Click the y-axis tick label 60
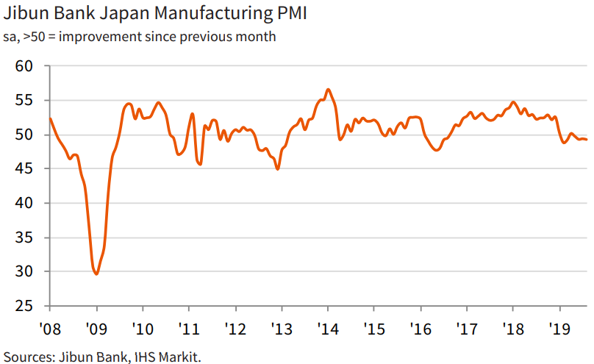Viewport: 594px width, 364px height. point(24,66)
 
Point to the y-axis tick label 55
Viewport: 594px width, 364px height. point(24,100)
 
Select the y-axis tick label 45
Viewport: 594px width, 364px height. point(24,168)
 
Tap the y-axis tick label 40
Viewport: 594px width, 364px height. point(24,203)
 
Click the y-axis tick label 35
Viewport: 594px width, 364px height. point(24,238)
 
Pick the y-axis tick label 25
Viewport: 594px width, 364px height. point(24,306)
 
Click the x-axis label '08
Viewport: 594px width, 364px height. point(50,327)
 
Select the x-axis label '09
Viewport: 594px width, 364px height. point(96,327)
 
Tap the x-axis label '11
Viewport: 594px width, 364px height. point(189,327)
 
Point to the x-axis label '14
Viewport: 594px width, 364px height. point(328,327)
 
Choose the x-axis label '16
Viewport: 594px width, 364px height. point(421,327)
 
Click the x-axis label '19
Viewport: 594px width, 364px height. point(559,327)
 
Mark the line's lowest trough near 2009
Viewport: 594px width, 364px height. point(96,274)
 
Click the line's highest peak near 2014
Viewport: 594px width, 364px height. point(328,90)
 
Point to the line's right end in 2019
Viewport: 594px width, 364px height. point(586,140)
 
